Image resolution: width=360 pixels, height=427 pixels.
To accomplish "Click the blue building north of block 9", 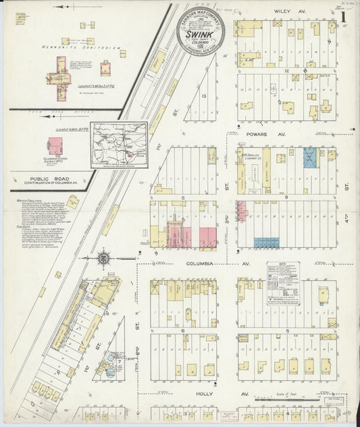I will click(x=310, y=157).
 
